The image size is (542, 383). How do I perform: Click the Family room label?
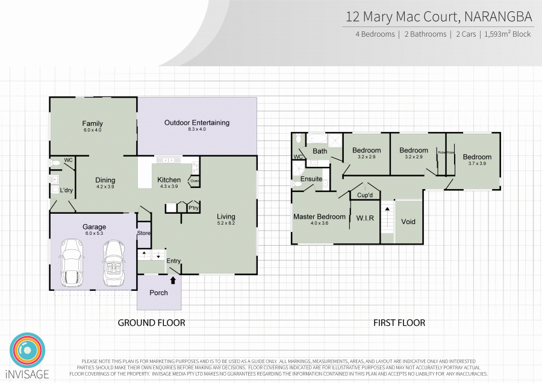93,123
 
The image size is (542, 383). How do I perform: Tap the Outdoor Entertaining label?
197,123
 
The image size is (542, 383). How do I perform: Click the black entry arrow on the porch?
173,279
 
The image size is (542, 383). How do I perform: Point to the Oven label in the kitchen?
195,181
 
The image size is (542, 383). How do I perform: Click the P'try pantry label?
194,208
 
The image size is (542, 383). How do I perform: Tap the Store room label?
143,233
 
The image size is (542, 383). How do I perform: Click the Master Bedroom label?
319,217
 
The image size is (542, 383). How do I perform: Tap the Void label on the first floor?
408,222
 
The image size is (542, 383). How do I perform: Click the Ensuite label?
311,179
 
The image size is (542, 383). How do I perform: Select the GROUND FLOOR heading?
151,323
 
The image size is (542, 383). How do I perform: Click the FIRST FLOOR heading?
399,323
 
